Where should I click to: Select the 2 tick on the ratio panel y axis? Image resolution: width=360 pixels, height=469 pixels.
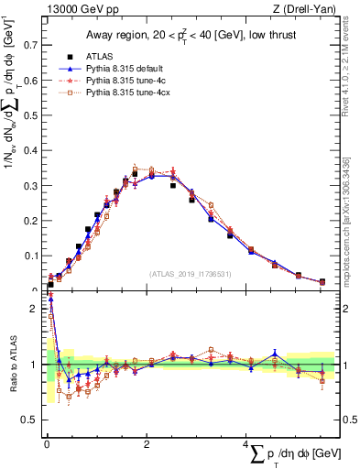click(34, 309)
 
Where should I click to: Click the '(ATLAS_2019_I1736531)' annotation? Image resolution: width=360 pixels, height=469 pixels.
click(190, 272)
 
